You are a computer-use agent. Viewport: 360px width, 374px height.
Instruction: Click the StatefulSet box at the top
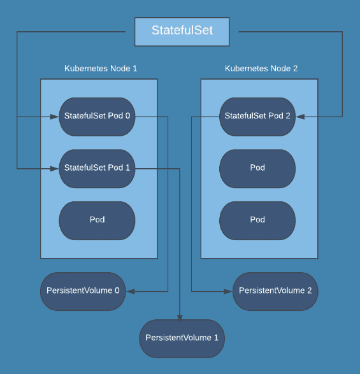(182, 31)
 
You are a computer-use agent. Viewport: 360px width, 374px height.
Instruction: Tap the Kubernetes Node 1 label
(101, 68)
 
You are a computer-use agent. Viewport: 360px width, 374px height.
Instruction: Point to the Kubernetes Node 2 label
(261, 68)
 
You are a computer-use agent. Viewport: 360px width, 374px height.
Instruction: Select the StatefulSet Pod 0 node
(97, 117)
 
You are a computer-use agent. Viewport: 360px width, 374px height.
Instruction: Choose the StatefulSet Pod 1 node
(97, 168)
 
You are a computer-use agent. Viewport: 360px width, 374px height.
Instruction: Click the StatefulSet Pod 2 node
(257, 117)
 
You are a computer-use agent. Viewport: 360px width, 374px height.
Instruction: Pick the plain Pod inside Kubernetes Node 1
(97, 220)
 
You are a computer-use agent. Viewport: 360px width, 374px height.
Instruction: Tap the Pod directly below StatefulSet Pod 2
(257, 168)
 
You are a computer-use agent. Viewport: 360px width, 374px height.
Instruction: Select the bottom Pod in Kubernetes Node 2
(257, 220)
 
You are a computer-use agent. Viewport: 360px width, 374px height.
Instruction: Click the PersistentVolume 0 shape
(83, 291)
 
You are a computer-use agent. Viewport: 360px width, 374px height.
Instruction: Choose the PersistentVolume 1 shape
(182, 338)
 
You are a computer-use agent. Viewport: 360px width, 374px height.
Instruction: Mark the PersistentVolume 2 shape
(275, 291)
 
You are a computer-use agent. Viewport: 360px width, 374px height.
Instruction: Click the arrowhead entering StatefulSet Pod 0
(55, 117)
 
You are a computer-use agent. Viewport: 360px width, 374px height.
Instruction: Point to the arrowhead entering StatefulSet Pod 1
(55, 168)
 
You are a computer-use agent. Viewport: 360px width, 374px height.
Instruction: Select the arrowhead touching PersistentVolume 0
(130, 291)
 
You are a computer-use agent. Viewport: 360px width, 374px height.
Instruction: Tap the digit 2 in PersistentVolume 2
(309, 291)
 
